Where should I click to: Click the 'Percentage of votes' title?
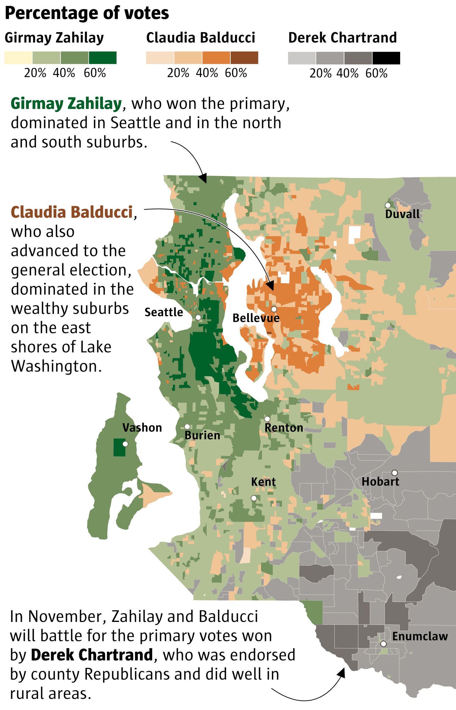[87, 13]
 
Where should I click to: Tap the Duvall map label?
[402, 214]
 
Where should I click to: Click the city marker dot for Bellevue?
[274, 309]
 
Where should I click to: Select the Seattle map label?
[163, 312]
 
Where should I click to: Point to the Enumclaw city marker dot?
[384, 644]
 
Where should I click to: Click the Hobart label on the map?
[380, 481]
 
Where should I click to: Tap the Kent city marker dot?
[254, 498]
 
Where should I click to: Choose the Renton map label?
[284, 428]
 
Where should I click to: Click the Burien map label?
[202, 435]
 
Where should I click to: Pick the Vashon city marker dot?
[125, 444]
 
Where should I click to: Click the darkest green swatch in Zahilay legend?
[103, 58]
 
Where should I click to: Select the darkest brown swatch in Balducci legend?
[244, 58]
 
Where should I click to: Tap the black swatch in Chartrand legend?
[386, 58]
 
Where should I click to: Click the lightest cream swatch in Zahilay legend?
[18, 58]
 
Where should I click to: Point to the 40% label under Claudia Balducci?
[207, 73]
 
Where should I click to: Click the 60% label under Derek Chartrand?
[376, 73]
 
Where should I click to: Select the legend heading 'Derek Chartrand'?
[342, 38]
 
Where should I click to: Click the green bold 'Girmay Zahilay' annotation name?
[66, 104]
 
